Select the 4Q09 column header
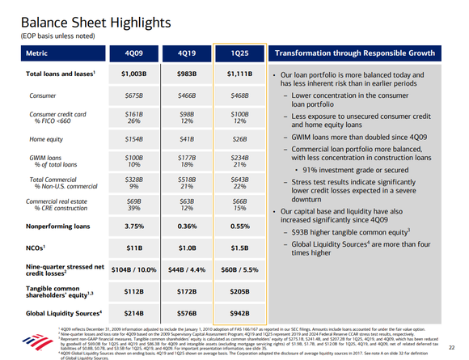point(132,53)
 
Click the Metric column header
point(38,53)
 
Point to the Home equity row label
point(46,139)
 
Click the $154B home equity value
point(132,139)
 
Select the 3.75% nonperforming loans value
point(132,227)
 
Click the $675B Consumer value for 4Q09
point(132,95)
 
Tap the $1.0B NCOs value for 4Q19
point(184,247)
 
